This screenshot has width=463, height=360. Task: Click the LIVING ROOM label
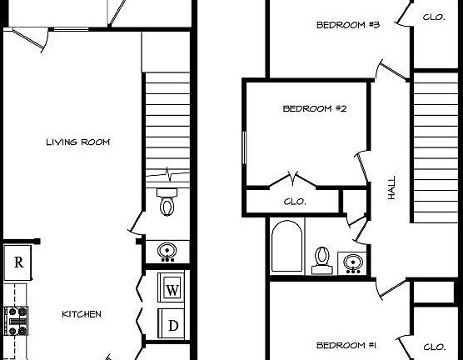pos(77,142)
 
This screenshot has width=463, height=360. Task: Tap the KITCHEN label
pos(82,314)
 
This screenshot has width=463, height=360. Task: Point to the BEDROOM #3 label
pos(348,25)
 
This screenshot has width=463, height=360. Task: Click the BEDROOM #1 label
pos(347,345)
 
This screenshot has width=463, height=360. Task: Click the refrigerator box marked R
pos(17,262)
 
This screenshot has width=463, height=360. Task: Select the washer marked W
pos(172,290)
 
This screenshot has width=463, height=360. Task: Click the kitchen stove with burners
pos(17,319)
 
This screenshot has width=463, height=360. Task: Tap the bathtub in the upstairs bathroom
pos(288,246)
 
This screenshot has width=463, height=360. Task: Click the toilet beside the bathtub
pos(321,259)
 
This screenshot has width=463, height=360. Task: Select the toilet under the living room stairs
pos(167,202)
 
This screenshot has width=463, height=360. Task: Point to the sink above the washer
pos(166,249)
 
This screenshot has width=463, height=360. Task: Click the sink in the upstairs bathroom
pos(353,262)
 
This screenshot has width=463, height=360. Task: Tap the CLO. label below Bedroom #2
pos(295,202)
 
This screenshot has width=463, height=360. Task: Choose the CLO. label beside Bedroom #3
pos(433,17)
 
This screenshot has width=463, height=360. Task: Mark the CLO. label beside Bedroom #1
pos(434,347)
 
